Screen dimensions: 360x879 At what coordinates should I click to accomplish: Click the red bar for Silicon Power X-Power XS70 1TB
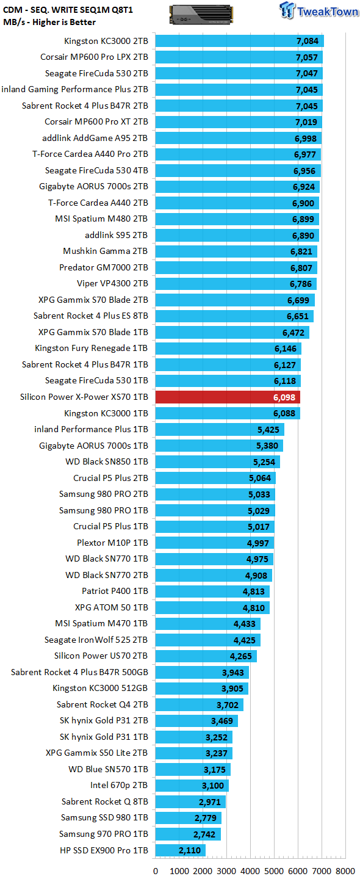pyautogui.click(x=228, y=397)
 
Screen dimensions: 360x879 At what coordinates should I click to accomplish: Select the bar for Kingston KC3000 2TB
pyautogui.click(x=240, y=41)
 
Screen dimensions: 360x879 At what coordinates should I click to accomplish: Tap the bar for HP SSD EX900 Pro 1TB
pyautogui.click(x=181, y=850)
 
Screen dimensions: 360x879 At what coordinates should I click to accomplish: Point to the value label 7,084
pyautogui.click(x=308, y=42)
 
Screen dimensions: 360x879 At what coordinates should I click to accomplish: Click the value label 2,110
pyautogui.click(x=190, y=850)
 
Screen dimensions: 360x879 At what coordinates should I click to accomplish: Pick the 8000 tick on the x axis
pyautogui.click(x=345, y=870)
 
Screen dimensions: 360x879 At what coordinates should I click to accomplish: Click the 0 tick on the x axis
pyautogui.click(x=156, y=870)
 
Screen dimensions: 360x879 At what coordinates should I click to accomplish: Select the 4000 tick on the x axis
pyautogui.click(x=250, y=870)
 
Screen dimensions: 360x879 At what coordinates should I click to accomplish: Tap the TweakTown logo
pyautogui.click(x=319, y=10)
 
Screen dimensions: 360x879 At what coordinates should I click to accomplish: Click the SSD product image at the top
pyautogui.click(x=201, y=15)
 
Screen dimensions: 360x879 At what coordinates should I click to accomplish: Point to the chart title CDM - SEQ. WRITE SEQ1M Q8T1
pyautogui.click(x=68, y=10)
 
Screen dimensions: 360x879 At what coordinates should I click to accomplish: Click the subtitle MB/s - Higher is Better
pyautogui.click(x=49, y=22)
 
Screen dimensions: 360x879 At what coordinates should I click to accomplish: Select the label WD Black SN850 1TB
pyautogui.click(x=107, y=461)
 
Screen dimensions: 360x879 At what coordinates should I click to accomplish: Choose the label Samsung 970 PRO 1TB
pyautogui.click(x=104, y=833)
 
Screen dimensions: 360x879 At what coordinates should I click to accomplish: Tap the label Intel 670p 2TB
pyautogui.click(x=119, y=785)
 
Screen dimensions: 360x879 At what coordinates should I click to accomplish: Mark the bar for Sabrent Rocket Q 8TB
pyautogui.click(x=190, y=801)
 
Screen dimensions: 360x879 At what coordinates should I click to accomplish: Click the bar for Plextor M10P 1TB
pyautogui.click(x=215, y=543)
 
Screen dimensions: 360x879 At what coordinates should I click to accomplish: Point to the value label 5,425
pyautogui.click(x=268, y=430)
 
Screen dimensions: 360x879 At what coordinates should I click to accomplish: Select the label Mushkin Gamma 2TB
pyautogui.click(x=106, y=251)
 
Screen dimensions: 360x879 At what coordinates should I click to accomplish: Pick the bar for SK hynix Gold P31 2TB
pyautogui.click(x=197, y=720)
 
